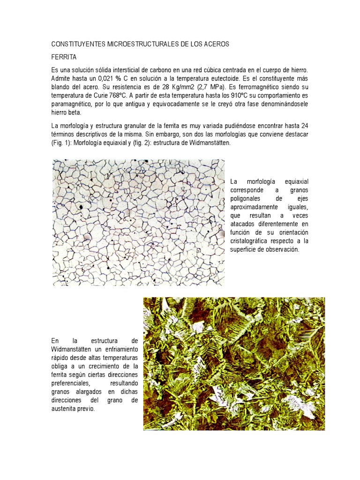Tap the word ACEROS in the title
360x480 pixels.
(x=216, y=44)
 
